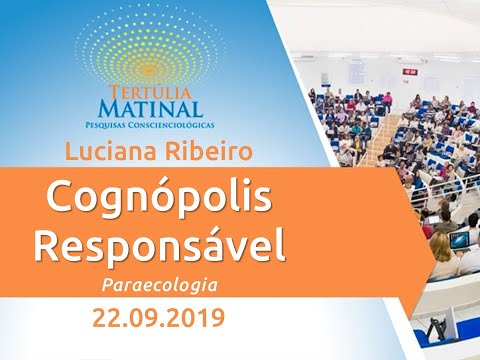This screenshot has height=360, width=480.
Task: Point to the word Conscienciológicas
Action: [170, 123]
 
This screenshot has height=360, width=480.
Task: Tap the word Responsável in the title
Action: [159, 243]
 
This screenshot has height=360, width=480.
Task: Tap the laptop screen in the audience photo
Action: [459, 240]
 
